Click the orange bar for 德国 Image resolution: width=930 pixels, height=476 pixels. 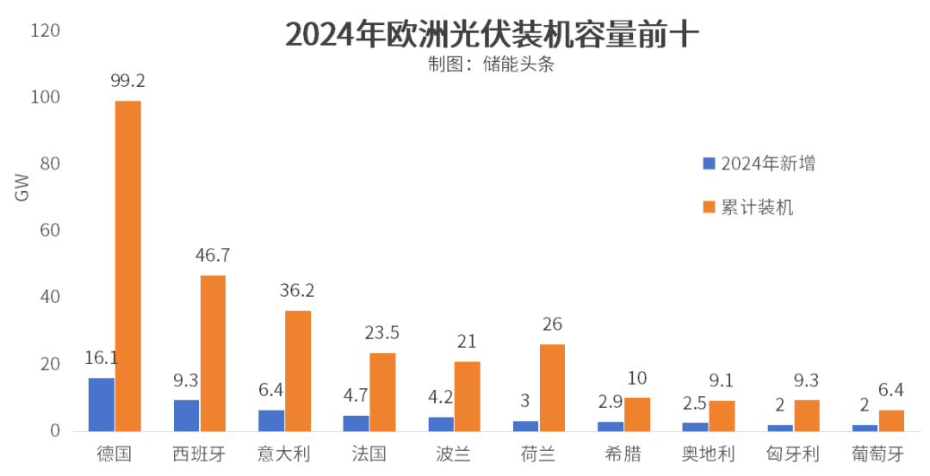[x=128, y=266]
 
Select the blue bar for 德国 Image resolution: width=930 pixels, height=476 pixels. [x=102, y=404]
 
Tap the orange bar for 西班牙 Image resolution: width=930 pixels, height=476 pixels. [x=213, y=353]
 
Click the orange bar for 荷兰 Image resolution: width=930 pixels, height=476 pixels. [x=552, y=387]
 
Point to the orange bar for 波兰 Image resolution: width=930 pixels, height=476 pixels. [x=468, y=396]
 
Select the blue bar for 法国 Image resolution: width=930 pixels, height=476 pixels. [x=356, y=423]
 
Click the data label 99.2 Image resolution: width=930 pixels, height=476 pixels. [x=127, y=81]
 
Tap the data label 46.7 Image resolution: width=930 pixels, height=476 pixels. [x=213, y=255]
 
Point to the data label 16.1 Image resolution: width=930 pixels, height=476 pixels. [x=101, y=357]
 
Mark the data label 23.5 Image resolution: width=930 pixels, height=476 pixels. [x=382, y=332]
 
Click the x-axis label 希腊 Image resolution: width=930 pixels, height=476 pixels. [x=623, y=454]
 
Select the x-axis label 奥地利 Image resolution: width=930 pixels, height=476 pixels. [x=708, y=454]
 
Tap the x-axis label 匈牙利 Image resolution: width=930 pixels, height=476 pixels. [x=793, y=454]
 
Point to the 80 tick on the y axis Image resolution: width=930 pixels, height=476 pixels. [x=51, y=164]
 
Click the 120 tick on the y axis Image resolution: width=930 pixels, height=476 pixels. [x=46, y=31]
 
